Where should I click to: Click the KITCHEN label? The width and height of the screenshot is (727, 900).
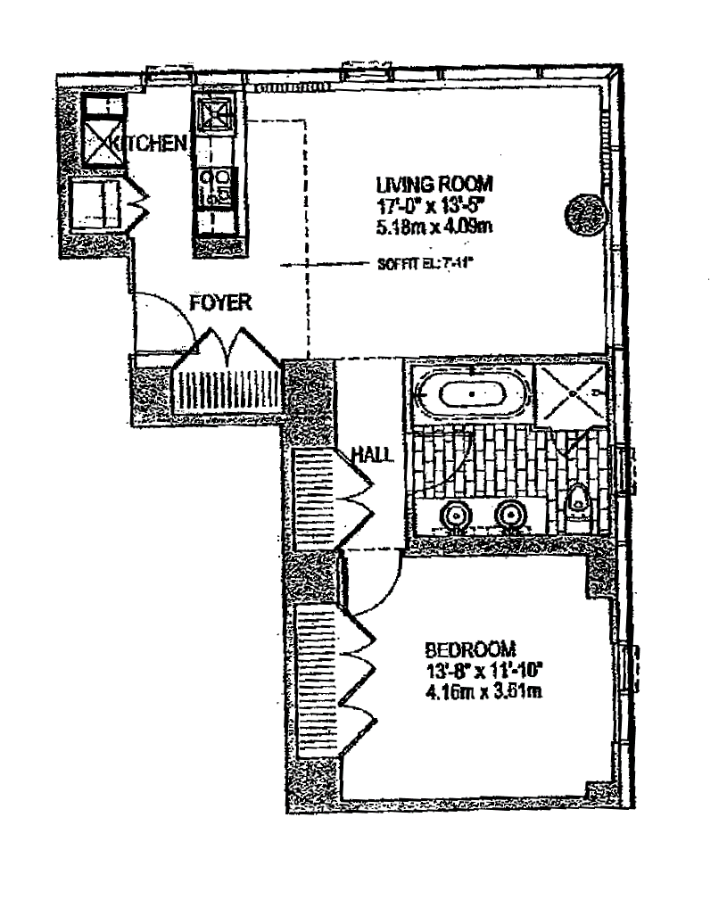tap(155, 144)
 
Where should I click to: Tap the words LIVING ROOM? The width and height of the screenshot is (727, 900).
tap(434, 186)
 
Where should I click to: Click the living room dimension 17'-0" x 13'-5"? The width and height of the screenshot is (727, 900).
tap(434, 205)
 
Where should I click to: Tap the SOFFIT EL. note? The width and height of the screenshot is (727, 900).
tap(409, 264)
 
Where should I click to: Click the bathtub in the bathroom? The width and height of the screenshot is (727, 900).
tap(472, 394)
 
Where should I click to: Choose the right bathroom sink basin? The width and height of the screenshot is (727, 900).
tap(509, 515)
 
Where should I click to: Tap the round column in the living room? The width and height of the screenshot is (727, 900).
tap(583, 214)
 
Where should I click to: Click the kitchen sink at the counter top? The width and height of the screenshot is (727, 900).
tap(214, 113)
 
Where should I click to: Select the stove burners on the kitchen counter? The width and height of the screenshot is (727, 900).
tap(215, 186)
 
